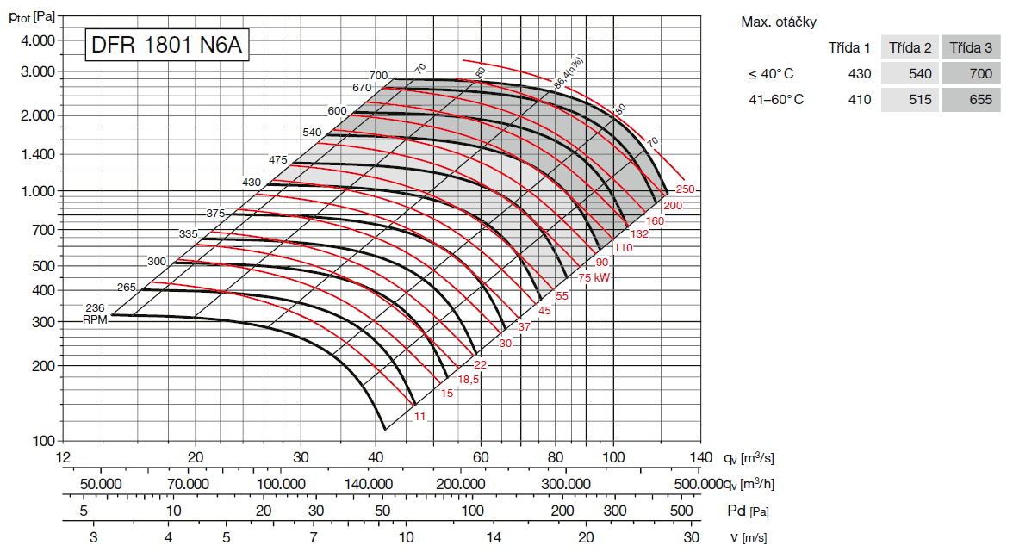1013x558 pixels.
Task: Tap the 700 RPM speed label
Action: [x=379, y=76]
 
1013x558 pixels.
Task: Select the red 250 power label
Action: [x=685, y=189]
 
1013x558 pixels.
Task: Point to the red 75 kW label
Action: [x=594, y=277]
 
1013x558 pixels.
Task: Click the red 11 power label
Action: [x=419, y=417]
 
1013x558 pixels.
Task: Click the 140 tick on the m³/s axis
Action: [x=700, y=456]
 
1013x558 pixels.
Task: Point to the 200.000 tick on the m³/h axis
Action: [x=460, y=484]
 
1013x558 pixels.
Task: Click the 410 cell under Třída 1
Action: [x=859, y=100]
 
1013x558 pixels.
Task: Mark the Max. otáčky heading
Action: [x=779, y=22]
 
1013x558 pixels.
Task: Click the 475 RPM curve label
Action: [x=277, y=160]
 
